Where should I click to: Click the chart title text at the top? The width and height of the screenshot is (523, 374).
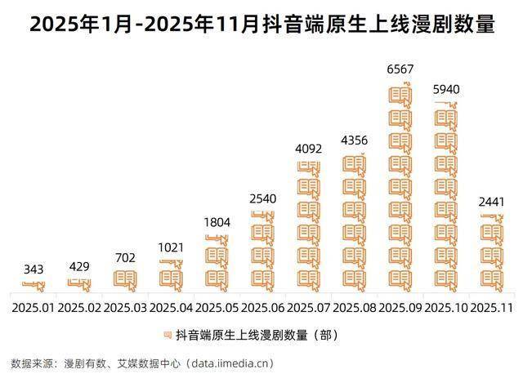tap(261, 24)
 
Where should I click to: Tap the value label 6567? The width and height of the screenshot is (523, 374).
tap(400, 70)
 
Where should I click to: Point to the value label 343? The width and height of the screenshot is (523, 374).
tap(34, 269)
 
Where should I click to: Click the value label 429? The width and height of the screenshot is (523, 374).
tap(79, 266)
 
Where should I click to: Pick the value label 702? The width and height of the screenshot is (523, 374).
tap(125, 258)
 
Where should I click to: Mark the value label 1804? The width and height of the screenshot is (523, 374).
tap(217, 223)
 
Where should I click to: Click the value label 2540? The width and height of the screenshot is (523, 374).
tap(262, 198)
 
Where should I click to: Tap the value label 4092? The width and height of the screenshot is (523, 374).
tap(308, 149)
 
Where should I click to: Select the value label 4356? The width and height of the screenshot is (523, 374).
tap(354, 140)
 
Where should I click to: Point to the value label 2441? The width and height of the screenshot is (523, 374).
tap(492, 202)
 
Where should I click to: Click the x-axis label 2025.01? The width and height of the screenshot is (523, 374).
tap(34, 308)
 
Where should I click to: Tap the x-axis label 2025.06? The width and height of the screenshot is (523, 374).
tap(262, 308)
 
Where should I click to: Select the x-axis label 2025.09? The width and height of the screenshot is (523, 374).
tap(400, 308)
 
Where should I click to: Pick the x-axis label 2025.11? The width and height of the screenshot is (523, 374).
tap(492, 308)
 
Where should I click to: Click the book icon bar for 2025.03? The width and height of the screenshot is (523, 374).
tap(125, 279)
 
